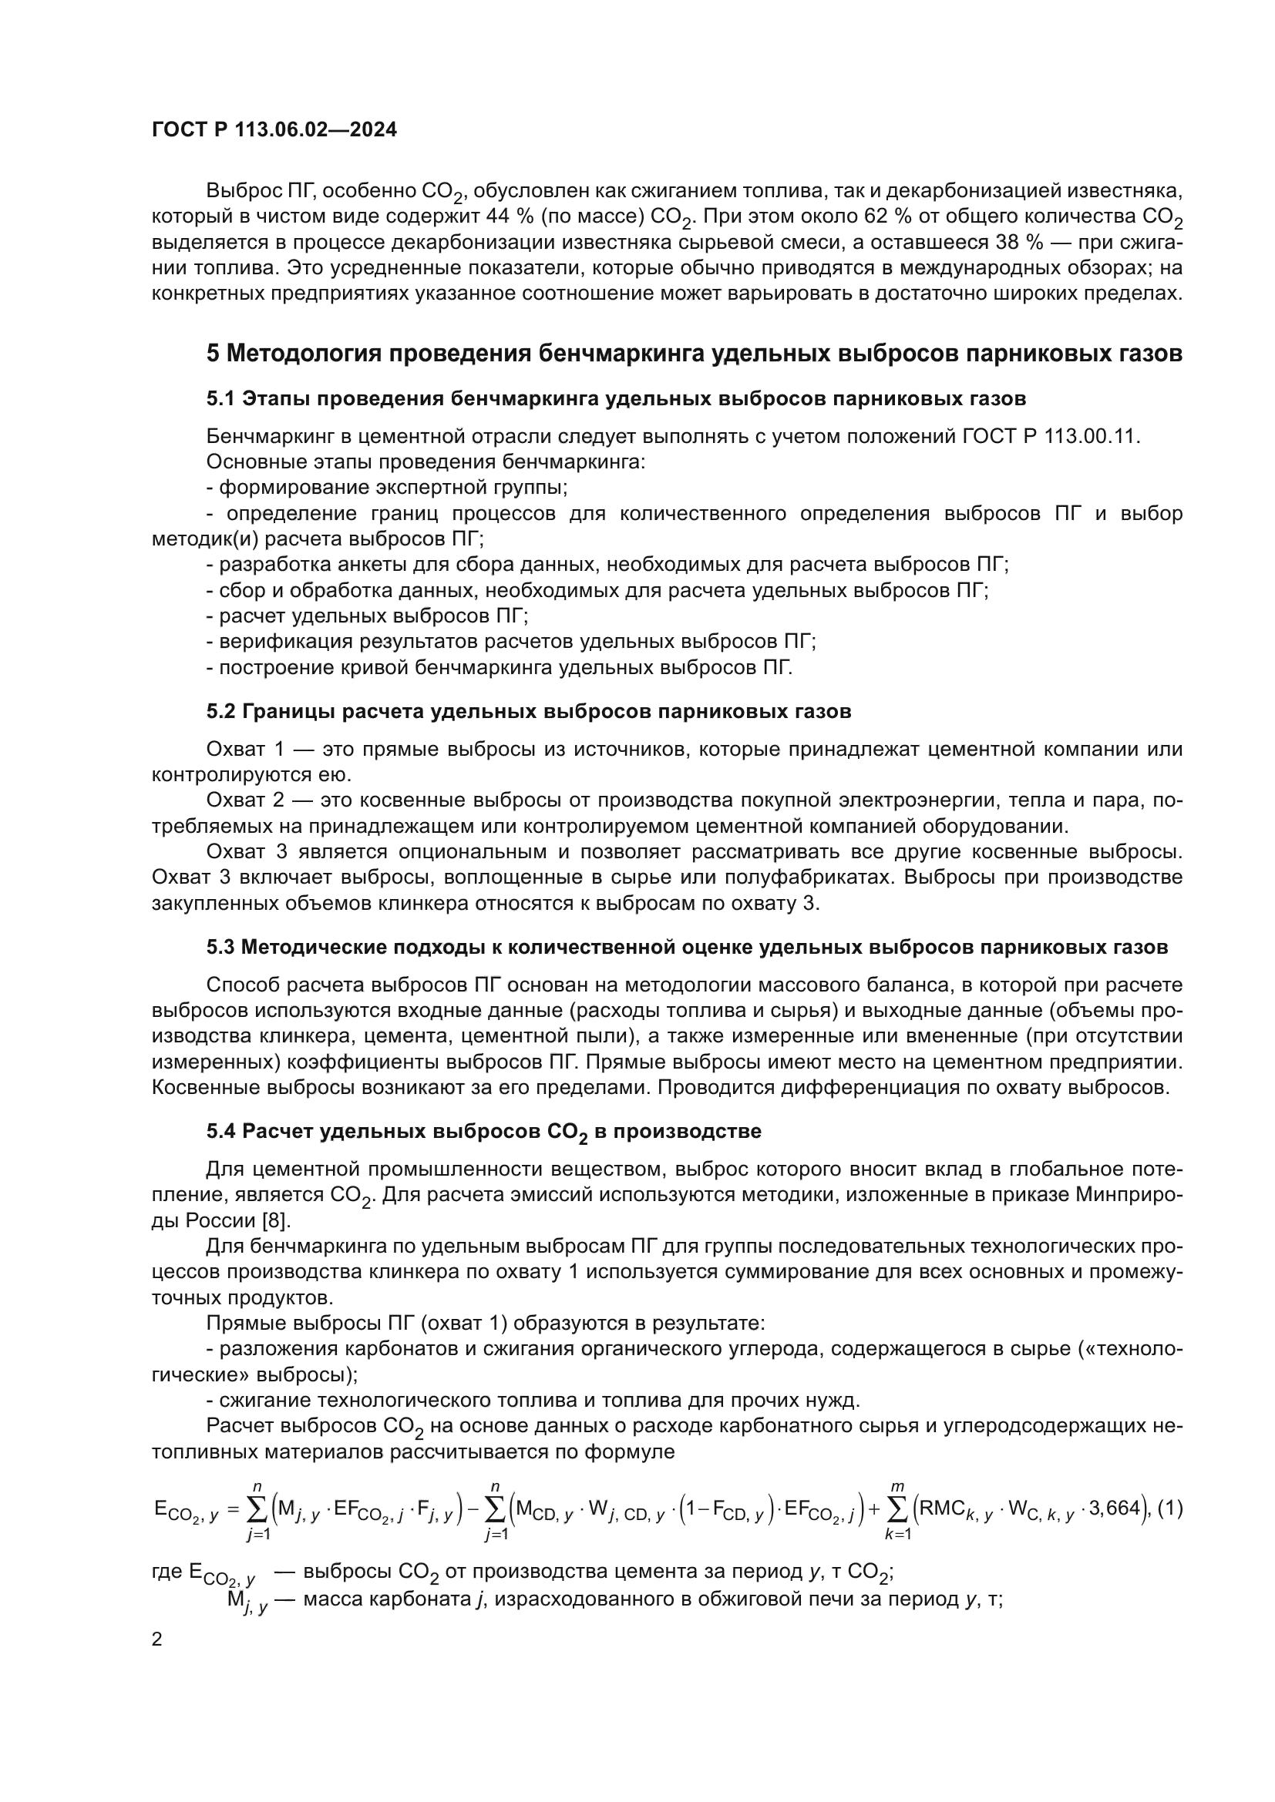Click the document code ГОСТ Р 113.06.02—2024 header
point(274,130)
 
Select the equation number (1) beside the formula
point(1170,1508)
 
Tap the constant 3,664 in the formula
point(1114,1508)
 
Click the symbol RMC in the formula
point(946,1508)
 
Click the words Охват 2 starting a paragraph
point(239,800)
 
